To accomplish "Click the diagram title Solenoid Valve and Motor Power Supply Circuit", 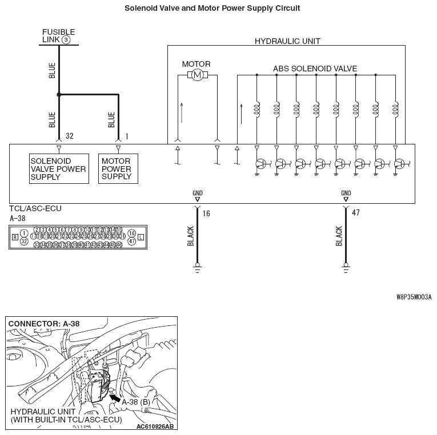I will (212, 9).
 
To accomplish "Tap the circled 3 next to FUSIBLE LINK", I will (66, 40).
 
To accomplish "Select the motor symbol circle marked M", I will (197, 75).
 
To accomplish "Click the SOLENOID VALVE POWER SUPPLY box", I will (59, 168).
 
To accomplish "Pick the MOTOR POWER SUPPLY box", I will (117, 168).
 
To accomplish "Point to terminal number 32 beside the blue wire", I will (70, 136).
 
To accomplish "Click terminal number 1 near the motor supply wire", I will (126, 136).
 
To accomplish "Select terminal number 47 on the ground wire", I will (355, 213).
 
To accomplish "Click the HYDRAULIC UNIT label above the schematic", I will (287, 41).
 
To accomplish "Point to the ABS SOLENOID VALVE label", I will (315, 69).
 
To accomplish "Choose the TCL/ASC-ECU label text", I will (35, 209).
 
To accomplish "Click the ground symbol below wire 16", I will (198, 266).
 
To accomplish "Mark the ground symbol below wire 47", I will (346, 266).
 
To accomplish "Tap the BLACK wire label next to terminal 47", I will (339, 236).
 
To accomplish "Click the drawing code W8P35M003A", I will (414, 297).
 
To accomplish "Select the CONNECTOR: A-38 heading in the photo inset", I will (44, 324).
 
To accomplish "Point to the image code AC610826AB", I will (155, 426).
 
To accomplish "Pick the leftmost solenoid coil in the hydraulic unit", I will (257, 109).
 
